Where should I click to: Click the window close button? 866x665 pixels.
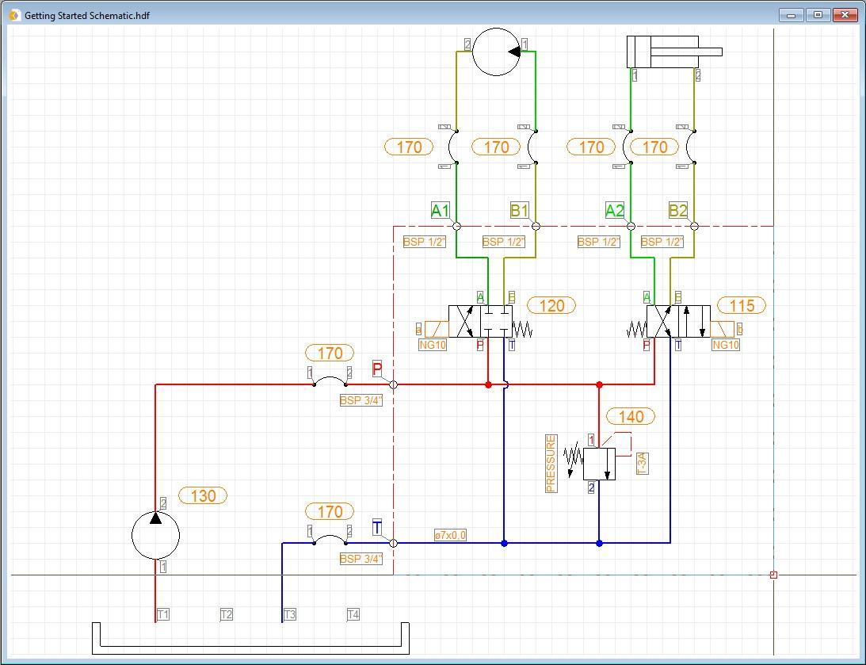845,14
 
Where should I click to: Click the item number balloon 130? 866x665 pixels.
203,495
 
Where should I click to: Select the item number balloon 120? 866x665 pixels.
551,305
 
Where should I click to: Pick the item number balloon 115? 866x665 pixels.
742,305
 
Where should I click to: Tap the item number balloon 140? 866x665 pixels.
631,416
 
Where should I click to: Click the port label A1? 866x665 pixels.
440,210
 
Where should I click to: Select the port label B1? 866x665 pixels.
519,210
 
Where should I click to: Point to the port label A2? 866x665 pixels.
614,210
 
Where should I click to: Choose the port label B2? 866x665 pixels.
677,210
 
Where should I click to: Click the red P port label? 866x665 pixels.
377,369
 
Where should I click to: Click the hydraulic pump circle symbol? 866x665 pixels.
155,535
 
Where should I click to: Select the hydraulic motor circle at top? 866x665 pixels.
496,52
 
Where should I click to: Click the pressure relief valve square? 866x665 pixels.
599,464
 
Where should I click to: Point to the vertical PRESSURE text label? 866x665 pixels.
551,464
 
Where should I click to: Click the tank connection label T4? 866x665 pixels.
353,614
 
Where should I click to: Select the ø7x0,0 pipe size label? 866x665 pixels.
450,535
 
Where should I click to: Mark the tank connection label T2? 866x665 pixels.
227,614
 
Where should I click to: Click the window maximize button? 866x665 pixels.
818,14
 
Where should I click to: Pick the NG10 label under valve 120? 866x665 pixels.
433,345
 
